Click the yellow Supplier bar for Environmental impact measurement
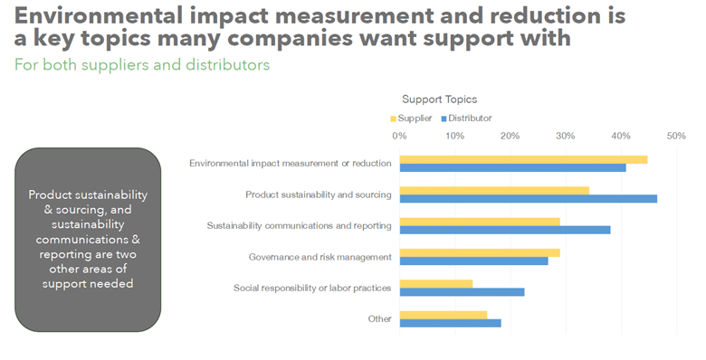(x=524, y=160)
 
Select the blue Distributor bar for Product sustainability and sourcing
(x=529, y=199)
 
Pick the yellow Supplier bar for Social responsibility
(x=436, y=284)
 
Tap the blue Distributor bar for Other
(x=450, y=323)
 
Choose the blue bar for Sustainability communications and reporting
(x=505, y=230)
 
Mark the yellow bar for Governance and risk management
(x=480, y=253)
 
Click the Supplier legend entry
(x=411, y=118)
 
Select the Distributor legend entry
(x=466, y=118)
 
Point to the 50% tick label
(x=676, y=136)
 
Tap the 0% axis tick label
(x=399, y=136)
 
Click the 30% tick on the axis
(x=566, y=136)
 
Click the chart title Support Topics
(x=440, y=99)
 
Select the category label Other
(x=379, y=319)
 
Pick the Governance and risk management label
(x=320, y=258)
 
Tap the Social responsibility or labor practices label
(x=312, y=289)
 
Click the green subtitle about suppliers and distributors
(x=142, y=65)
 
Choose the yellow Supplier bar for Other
(x=444, y=315)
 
